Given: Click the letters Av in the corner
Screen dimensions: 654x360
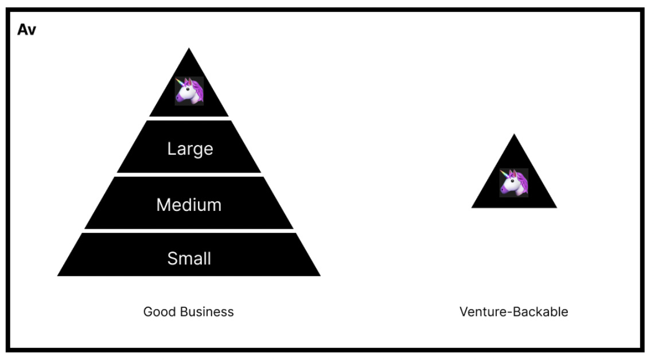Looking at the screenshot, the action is [26, 30].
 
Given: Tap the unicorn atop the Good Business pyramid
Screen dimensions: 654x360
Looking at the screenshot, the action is [189, 91].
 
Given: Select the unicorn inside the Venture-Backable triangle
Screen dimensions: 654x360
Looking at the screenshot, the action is [513, 182].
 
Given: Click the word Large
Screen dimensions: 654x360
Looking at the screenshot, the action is [190, 148].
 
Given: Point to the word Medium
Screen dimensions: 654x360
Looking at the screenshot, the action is [189, 205].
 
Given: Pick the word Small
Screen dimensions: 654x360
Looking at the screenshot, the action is [189, 259].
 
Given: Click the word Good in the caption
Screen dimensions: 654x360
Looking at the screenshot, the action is [158, 312].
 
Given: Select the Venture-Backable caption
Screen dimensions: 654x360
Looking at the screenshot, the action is [513, 312].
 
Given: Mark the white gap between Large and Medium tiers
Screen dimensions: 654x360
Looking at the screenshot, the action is [189, 174].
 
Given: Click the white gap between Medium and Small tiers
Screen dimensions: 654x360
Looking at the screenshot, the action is [189, 230].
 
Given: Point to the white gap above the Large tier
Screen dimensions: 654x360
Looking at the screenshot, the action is [189, 118].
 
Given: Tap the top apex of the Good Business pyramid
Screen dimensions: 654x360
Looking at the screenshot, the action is [189, 49].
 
